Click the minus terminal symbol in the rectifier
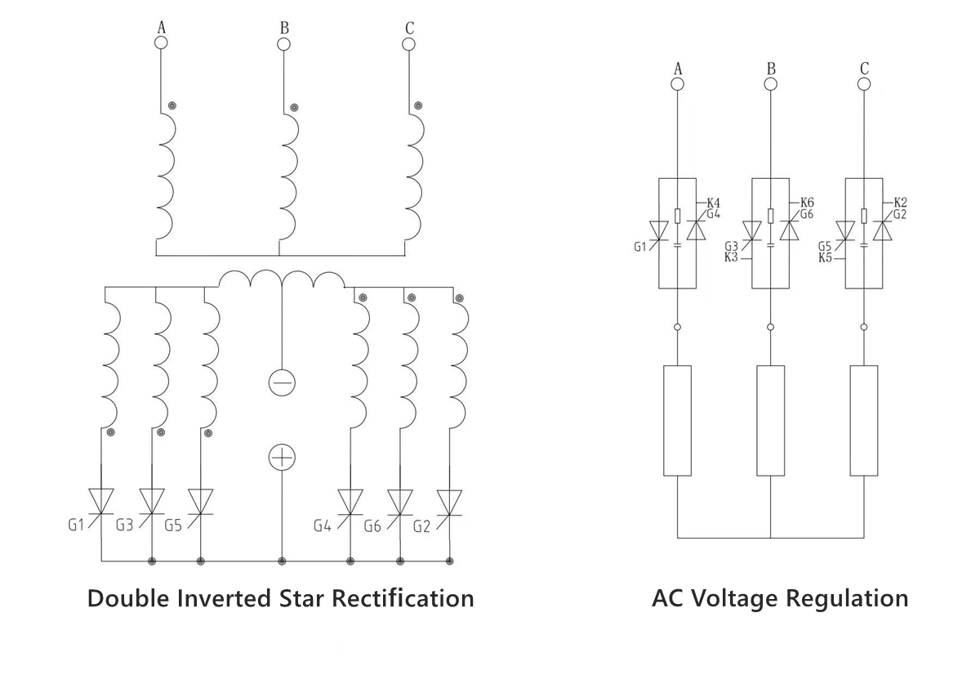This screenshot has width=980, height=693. coord(282,382)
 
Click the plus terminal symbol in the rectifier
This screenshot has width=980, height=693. coord(282,458)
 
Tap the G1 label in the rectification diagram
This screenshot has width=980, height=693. coord(76,525)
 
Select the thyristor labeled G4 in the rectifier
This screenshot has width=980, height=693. coord(350,501)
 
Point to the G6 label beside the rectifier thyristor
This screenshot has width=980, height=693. coord(372,525)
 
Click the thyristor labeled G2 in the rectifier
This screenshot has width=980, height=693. coord(449,501)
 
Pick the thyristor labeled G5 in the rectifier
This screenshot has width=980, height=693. coord(201,501)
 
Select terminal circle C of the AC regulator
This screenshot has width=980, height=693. coord(865,84)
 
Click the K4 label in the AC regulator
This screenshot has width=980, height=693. coord(713,203)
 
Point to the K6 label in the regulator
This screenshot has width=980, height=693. coord(807,203)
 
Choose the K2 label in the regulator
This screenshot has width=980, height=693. coord(900,203)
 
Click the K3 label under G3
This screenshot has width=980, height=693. coord(732,258)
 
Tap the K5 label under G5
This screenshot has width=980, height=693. coord(825,258)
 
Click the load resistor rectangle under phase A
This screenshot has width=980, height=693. coord(678,420)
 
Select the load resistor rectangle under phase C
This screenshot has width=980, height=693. coord(864,420)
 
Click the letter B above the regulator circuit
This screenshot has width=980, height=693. coord(771,68)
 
